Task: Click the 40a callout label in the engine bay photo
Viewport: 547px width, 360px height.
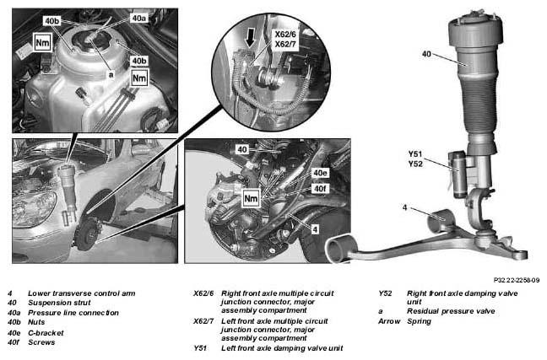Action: click(x=138, y=18)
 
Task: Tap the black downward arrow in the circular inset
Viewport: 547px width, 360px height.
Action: click(x=251, y=38)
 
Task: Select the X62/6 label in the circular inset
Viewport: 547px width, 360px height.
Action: click(x=285, y=35)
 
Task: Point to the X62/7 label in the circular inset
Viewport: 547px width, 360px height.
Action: click(x=285, y=44)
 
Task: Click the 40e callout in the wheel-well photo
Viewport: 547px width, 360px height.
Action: click(x=320, y=173)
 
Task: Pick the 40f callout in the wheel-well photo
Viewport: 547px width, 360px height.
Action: click(x=320, y=189)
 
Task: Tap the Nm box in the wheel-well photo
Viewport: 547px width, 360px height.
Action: click(x=252, y=199)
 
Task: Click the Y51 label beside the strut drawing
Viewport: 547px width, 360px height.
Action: click(x=415, y=153)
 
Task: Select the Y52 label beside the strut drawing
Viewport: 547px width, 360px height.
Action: click(x=415, y=164)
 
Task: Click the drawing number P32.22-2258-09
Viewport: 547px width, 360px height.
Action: click(x=517, y=280)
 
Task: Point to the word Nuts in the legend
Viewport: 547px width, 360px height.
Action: click(x=36, y=322)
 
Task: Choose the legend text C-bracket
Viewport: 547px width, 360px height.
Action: click(x=46, y=333)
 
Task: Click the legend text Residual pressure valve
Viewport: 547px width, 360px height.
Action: click(x=451, y=311)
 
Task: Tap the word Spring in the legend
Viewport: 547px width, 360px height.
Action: click(x=419, y=321)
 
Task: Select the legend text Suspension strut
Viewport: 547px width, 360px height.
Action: click(x=59, y=303)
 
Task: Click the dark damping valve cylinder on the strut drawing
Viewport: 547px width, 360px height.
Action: click(x=459, y=175)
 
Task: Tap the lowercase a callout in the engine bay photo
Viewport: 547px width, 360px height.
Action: click(x=111, y=74)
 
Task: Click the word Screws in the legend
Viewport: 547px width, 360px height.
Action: click(x=41, y=342)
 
